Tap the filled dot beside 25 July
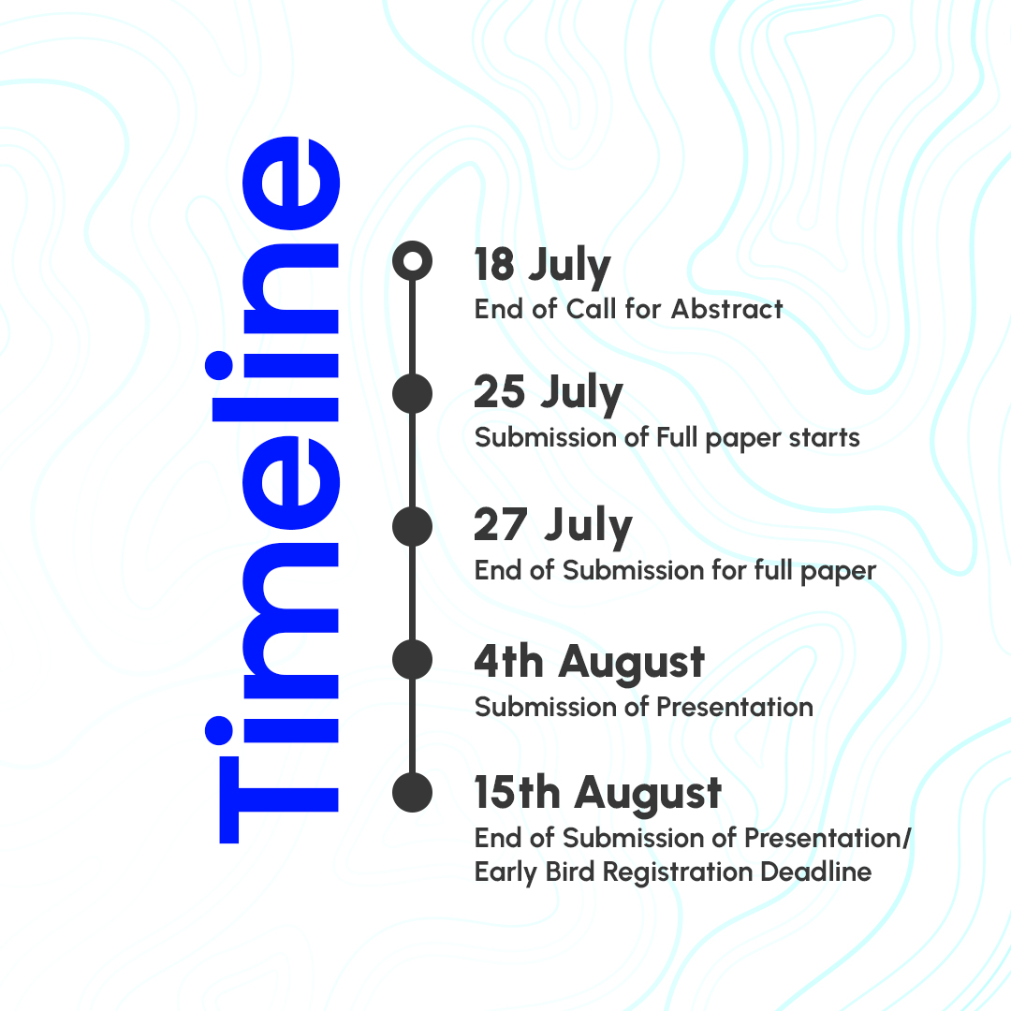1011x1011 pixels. [412, 393]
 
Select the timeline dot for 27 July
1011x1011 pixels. [412, 527]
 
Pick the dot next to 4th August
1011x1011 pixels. [412, 660]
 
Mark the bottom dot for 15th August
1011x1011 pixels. [412, 793]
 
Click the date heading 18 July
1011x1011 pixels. [542, 266]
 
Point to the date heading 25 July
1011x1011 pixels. [548, 393]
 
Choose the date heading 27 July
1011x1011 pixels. [552, 526]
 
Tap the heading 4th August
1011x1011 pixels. [590, 662]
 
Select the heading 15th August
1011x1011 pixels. [597, 794]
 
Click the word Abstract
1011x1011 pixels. [726, 309]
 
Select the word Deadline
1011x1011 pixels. [815, 872]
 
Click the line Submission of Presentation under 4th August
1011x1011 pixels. [643, 708]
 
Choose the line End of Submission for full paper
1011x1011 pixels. [675, 571]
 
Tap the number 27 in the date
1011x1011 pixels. [501, 524]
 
